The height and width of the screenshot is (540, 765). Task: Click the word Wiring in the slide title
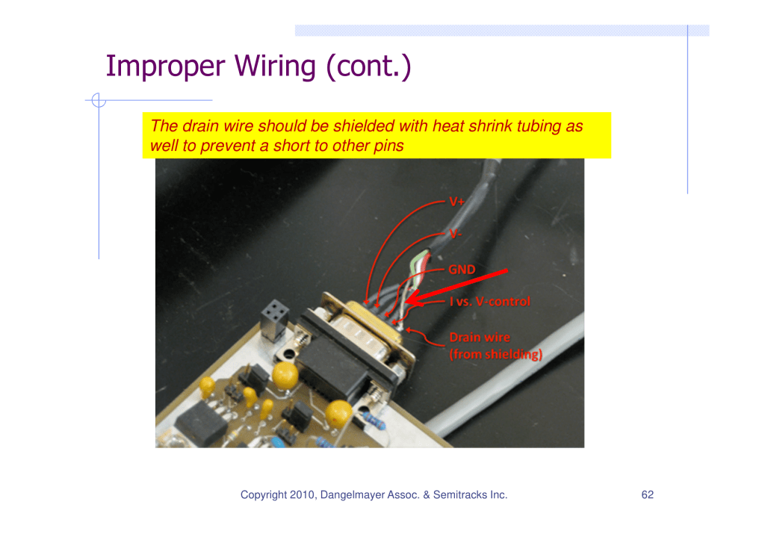pos(275,66)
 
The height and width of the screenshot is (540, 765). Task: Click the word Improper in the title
pos(165,66)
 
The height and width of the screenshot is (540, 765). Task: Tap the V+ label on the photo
pos(456,202)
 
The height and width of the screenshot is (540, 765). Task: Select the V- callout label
pos(455,234)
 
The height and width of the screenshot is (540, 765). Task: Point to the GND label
pos(462,270)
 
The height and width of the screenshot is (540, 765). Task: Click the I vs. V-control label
pos(489,302)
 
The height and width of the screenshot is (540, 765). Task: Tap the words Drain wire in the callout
pos(480,337)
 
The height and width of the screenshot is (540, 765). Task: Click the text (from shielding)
pos(496,354)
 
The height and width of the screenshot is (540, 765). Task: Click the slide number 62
pos(648,494)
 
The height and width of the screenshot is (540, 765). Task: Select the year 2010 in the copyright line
pos(303,494)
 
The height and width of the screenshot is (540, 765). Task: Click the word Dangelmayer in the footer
pos(353,495)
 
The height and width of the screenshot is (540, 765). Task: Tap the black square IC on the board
pos(202,423)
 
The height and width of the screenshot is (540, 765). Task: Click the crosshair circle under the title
pos(99,100)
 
